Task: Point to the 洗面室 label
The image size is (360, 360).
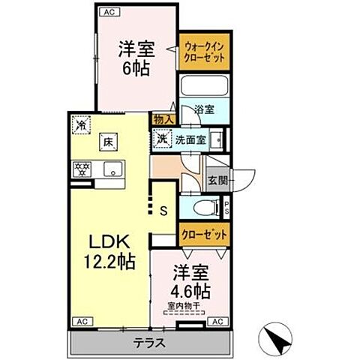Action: point(190,139)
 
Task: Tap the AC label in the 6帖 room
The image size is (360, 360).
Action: point(108,11)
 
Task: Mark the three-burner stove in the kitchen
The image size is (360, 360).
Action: point(81,168)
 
